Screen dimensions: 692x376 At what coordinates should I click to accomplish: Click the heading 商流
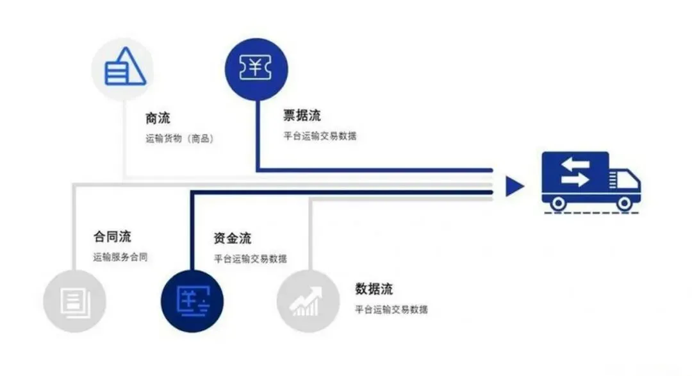coord(158,119)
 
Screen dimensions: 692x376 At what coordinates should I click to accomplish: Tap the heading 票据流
coord(302,116)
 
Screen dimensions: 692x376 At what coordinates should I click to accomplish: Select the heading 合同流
coord(112,237)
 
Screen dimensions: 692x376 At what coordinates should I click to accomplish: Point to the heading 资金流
coord(232,239)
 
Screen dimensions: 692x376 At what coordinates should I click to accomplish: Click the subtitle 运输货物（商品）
coord(179,138)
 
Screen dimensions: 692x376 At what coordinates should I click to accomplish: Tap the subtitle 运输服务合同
coord(120,257)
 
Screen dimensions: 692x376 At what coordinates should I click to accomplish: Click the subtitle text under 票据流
coord(320,136)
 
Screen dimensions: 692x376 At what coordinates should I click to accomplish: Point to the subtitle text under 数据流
coord(391,309)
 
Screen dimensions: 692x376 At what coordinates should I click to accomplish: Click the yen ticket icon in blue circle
coord(256,68)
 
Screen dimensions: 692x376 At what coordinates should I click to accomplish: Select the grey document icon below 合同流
coord(74,301)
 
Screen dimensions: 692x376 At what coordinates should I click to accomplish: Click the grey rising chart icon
coord(306,301)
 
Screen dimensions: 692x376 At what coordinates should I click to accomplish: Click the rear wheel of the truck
coord(558,203)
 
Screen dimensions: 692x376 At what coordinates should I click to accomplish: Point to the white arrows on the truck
coord(574,171)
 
